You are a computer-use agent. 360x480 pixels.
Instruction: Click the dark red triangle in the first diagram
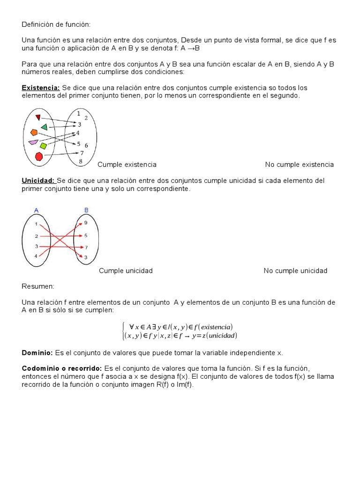point(38,117)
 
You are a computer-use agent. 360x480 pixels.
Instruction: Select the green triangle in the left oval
point(44,127)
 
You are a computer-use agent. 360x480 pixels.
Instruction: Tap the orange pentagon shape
point(34,133)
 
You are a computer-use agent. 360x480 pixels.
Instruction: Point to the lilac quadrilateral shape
point(33,142)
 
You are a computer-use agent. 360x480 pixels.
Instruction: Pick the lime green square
point(44,146)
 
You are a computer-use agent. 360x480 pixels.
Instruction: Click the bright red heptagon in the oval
point(39,156)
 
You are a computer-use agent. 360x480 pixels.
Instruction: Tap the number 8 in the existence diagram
point(81,162)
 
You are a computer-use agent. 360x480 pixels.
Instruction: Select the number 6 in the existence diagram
point(86,146)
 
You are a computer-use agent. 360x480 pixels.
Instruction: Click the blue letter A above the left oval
point(37,210)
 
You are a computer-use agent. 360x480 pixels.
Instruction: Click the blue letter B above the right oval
point(86,210)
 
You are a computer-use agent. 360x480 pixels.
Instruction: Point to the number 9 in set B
point(86,223)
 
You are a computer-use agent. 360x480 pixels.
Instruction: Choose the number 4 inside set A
point(36,256)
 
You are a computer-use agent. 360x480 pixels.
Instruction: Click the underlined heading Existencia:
point(41,88)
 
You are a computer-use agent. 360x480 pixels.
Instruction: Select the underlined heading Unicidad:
point(38,180)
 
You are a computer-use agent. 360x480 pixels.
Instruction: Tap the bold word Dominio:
point(37,352)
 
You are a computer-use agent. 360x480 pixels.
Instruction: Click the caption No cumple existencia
point(299,165)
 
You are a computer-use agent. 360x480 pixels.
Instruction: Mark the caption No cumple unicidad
point(295,270)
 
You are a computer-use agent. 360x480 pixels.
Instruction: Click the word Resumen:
point(38,286)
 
